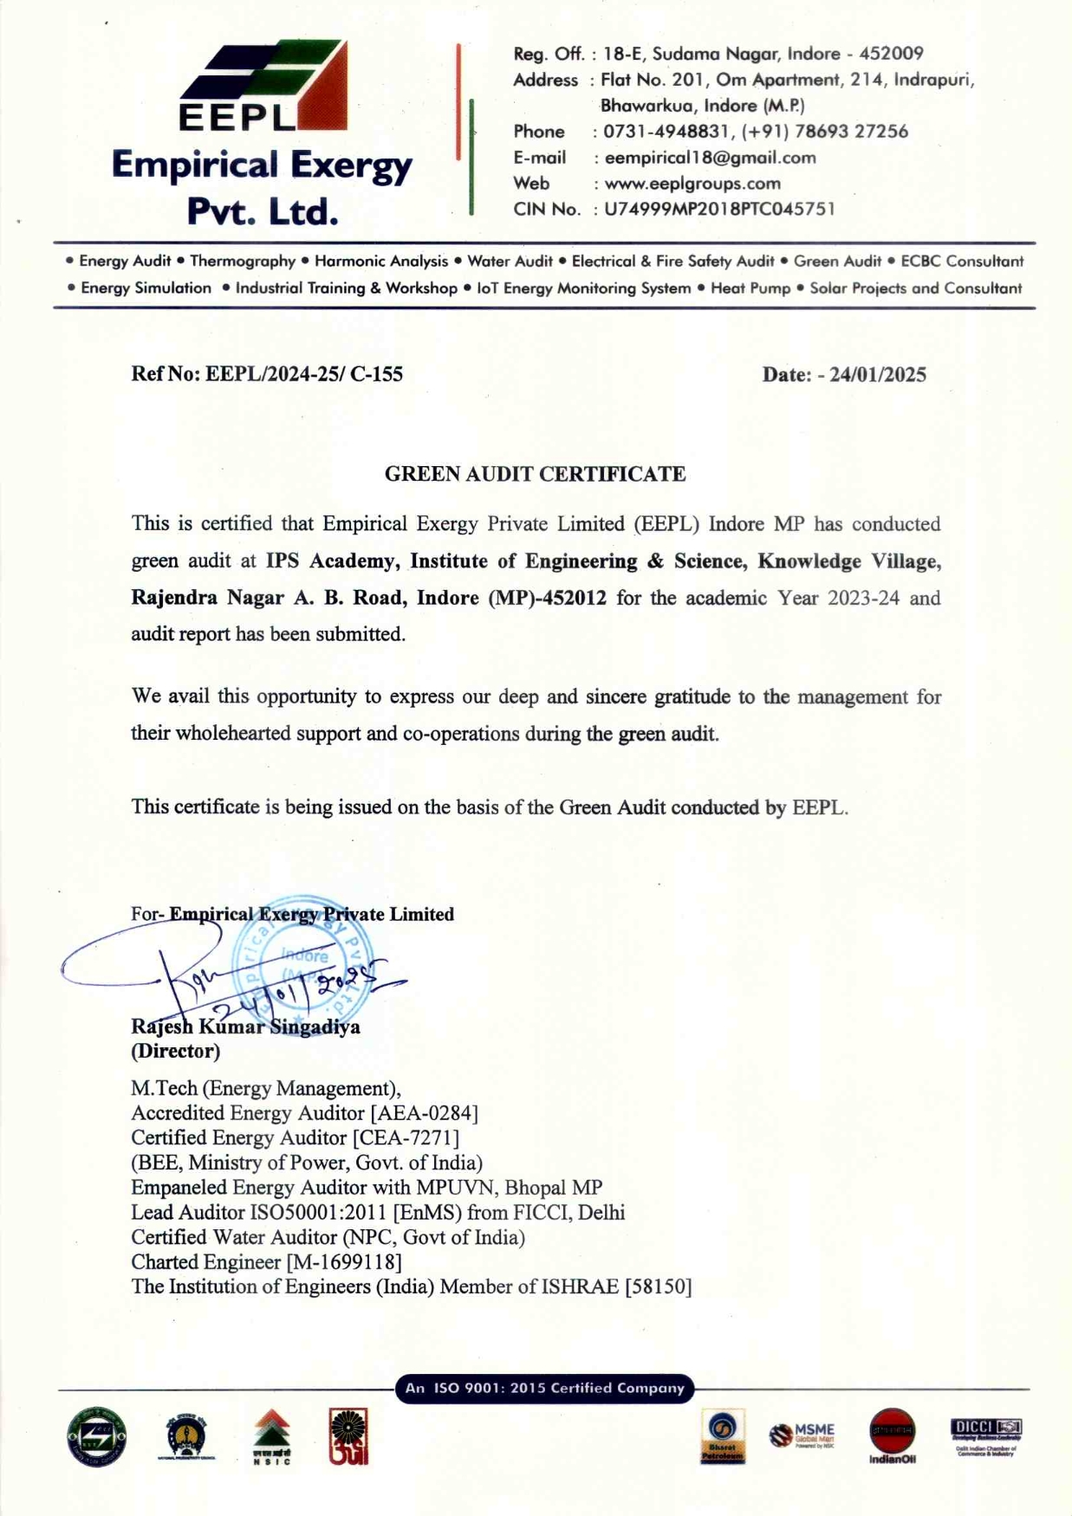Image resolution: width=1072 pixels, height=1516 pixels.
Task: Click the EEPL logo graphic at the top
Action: click(x=263, y=85)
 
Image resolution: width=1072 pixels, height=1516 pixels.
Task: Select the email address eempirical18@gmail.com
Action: click(x=710, y=158)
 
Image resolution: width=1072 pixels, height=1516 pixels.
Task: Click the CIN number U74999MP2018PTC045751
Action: click(x=719, y=209)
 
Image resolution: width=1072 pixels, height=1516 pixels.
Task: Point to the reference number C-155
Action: click(x=376, y=374)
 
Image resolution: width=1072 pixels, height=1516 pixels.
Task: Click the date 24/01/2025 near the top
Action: click(x=877, y=374)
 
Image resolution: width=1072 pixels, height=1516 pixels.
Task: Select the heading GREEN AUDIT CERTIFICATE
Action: click(x=535, y=474)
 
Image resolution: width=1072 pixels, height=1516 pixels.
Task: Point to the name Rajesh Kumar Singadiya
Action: click(x=245, y=1027)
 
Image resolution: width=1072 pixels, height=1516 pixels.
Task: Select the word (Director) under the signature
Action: click(x=175, y=1051)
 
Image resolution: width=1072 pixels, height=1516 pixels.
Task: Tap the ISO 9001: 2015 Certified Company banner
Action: click(x=545, y=1388)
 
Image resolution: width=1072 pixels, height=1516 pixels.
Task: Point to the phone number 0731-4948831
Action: click(x=666, y=132)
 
